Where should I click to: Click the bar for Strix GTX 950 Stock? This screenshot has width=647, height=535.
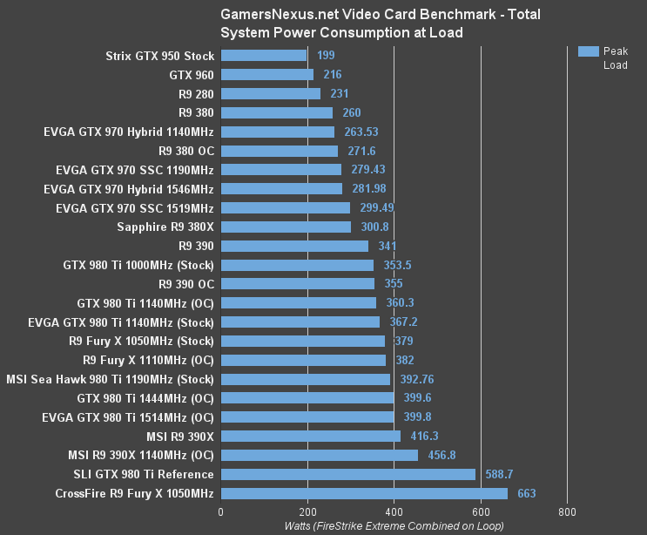click(264, 56)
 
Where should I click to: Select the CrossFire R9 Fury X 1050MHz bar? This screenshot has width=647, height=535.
click(364, 493)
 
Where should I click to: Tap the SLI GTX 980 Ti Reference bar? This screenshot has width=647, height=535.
click(348, 474)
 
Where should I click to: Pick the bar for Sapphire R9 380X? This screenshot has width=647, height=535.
click(286, 227)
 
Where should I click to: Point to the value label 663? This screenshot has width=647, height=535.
click(527, 494)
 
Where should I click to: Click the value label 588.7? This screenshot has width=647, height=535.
click(500, 475)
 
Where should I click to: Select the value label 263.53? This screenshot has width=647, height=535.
click(361, 132)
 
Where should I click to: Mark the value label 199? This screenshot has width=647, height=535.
click(326, 56)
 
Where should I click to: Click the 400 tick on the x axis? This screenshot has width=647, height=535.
click(394, 512)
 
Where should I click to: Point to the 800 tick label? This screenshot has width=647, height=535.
click(568, 512)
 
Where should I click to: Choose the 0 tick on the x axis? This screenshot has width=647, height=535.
click(221, 512)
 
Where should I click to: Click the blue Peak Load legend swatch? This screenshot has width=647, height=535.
click(589, 51)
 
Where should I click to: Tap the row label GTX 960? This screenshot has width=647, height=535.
click(192, 75)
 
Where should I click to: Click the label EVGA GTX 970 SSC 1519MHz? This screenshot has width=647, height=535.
click(134, 208)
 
